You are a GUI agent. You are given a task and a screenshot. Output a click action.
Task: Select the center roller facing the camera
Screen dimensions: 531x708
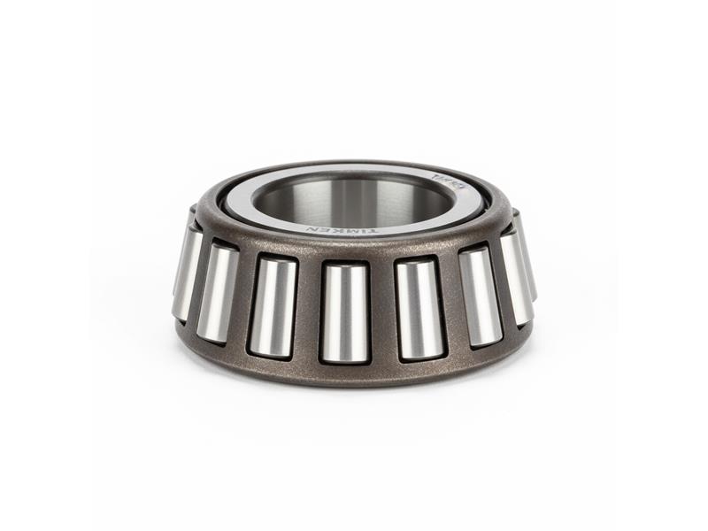344,312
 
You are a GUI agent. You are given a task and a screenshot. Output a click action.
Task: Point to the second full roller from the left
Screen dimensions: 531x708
217,293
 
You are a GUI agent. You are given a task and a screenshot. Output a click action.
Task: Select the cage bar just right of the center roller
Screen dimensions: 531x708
381,311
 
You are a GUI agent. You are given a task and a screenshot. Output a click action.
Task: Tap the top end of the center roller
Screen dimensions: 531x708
345,268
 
